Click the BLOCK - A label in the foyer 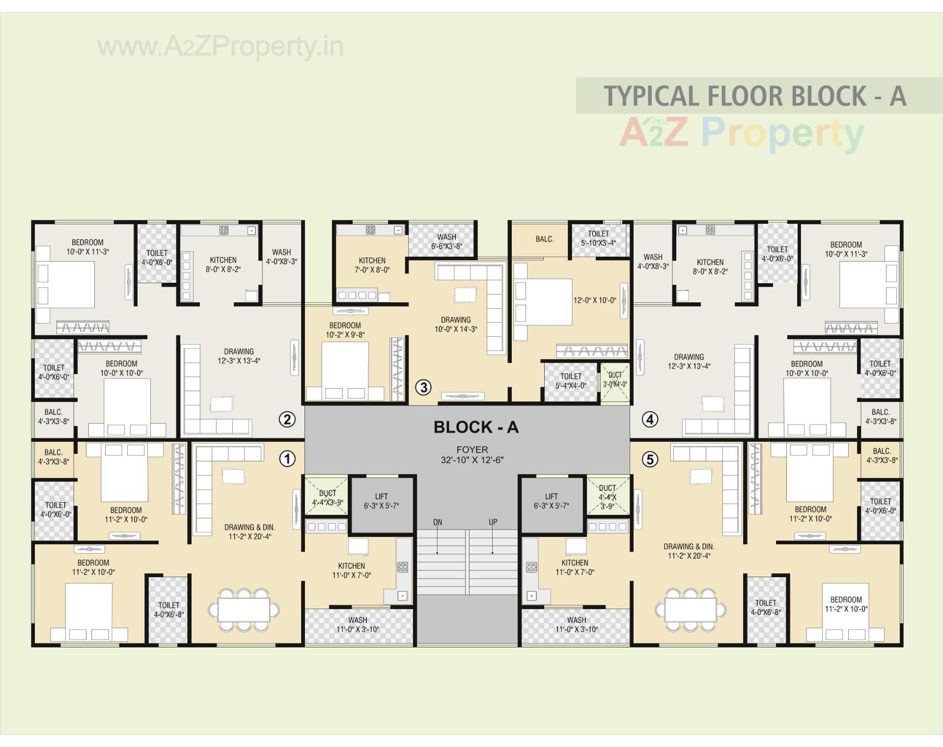[476, 427]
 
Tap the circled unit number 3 [423, 387]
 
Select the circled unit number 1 [287, 459]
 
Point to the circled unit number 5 [650, 459]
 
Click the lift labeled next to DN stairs [381, 501]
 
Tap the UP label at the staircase [493, 522]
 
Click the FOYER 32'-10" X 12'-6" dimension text [472, 455]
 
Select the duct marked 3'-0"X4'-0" [615, 380]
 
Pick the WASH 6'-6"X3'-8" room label [446, 241]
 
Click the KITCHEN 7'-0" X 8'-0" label [372, 265]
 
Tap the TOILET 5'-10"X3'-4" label [598, 238]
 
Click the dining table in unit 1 [244, 610]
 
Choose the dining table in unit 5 [691, 610]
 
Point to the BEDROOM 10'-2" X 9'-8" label [345, 330]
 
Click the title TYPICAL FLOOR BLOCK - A [754, 96]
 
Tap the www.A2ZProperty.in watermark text [221, 47]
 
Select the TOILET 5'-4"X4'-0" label [571, 381]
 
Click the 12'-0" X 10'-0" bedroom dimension [594, 300]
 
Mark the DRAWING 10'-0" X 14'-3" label [455, 324]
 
